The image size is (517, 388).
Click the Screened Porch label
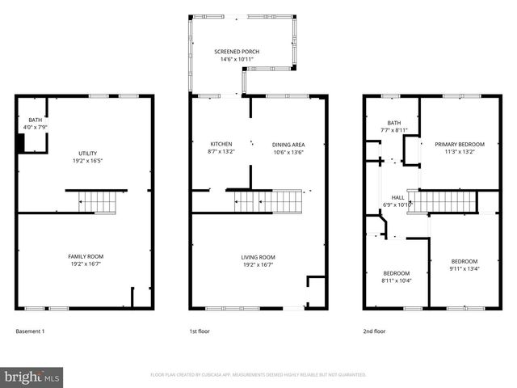click(237, 52)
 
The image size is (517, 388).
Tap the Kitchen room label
click(221, 145)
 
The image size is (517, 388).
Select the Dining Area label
click(288, 145)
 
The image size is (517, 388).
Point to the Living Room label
click(258, 257)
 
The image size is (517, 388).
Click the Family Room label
click(86, 257)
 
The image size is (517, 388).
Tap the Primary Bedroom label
click(457, 145)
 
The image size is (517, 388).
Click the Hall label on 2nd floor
click(398, 197)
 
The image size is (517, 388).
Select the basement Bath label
click(35, 120)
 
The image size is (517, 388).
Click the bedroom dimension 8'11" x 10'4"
click(396, 280)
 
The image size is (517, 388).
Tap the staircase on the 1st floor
click(267, 200)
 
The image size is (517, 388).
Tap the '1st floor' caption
click(200, 331)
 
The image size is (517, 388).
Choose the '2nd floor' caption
click(374, 331)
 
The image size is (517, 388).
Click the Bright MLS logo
click(32, 377)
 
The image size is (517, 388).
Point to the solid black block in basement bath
click(22, 142)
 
